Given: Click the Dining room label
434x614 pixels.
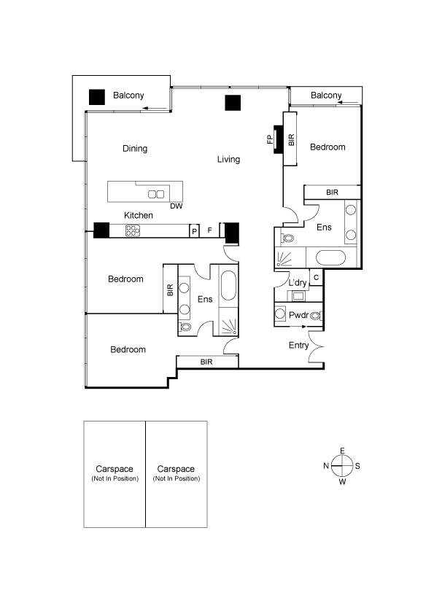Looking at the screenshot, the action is [135, 149].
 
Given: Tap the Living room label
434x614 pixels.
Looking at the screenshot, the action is [228, 160].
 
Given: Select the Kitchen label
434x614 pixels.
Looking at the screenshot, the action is [139, 215].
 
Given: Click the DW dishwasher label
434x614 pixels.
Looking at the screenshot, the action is [177, 206].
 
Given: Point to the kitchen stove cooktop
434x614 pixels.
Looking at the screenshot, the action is [133, 230].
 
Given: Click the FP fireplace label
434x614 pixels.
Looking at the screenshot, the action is [270, 139].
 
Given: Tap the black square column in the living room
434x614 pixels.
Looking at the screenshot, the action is [233, 103].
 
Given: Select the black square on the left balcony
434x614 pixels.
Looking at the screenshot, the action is [97, 97].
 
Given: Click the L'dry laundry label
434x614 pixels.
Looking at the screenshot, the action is [298, 283].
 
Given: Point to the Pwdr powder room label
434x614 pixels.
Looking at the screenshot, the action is [298, 315].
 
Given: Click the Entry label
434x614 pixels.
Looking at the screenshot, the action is [298, 346].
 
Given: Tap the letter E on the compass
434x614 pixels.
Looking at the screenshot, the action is [342, 451].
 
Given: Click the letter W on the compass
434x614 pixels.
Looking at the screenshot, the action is [342, 482].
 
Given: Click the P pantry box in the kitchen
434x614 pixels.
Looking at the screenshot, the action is [194, 231].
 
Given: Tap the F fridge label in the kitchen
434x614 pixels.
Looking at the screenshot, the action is [209, 230].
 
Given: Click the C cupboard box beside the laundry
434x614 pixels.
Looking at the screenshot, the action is [316, 278].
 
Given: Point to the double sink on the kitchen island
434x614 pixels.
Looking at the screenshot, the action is [156, 194].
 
